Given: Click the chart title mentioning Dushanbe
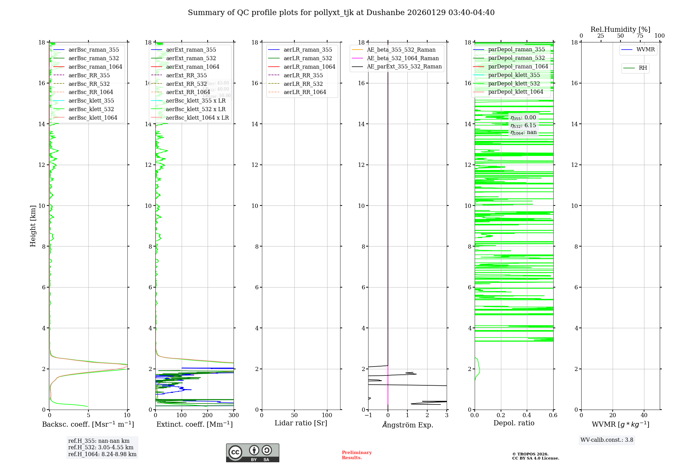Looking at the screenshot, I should (341, 13).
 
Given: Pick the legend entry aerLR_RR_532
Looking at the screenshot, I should (303, 84).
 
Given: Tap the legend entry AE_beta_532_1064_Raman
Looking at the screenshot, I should (403, 58).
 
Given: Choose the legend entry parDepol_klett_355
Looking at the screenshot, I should (514, 75).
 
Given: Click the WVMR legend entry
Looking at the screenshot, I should (645, 50).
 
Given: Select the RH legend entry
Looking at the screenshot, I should (643, 68).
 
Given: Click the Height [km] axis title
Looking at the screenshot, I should (33, 226).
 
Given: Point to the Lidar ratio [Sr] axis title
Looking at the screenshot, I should (301, 423).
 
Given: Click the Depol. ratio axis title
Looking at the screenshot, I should (514, 423).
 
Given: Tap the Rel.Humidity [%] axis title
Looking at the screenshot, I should (620, 29).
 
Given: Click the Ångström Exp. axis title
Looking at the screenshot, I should (407, 425).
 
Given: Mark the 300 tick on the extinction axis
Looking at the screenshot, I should (234, 415).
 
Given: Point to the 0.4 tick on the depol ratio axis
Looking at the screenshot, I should (527, 415).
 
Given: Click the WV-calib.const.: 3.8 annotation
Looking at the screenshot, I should (607, 440).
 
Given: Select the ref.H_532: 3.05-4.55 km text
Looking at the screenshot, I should (101, 448).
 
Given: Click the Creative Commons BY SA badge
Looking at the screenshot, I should (252, 453).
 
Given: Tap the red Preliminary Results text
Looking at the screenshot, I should (357, 455).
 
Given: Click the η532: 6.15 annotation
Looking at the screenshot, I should (523, 125).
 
